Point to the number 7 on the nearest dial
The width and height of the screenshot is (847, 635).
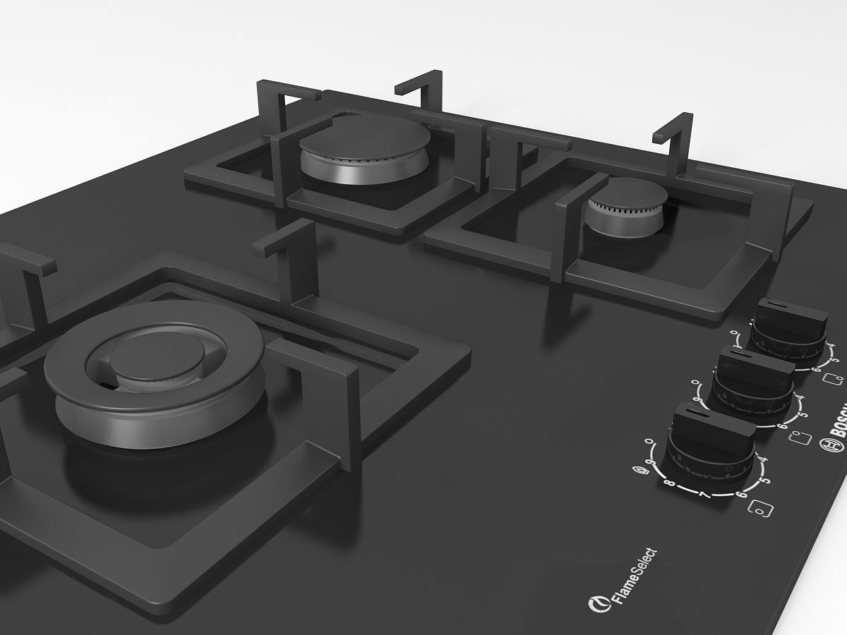tap(703, 495)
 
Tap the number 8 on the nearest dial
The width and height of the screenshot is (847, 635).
tap(668, 485)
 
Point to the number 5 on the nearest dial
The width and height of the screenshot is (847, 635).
tap(764, 479)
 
